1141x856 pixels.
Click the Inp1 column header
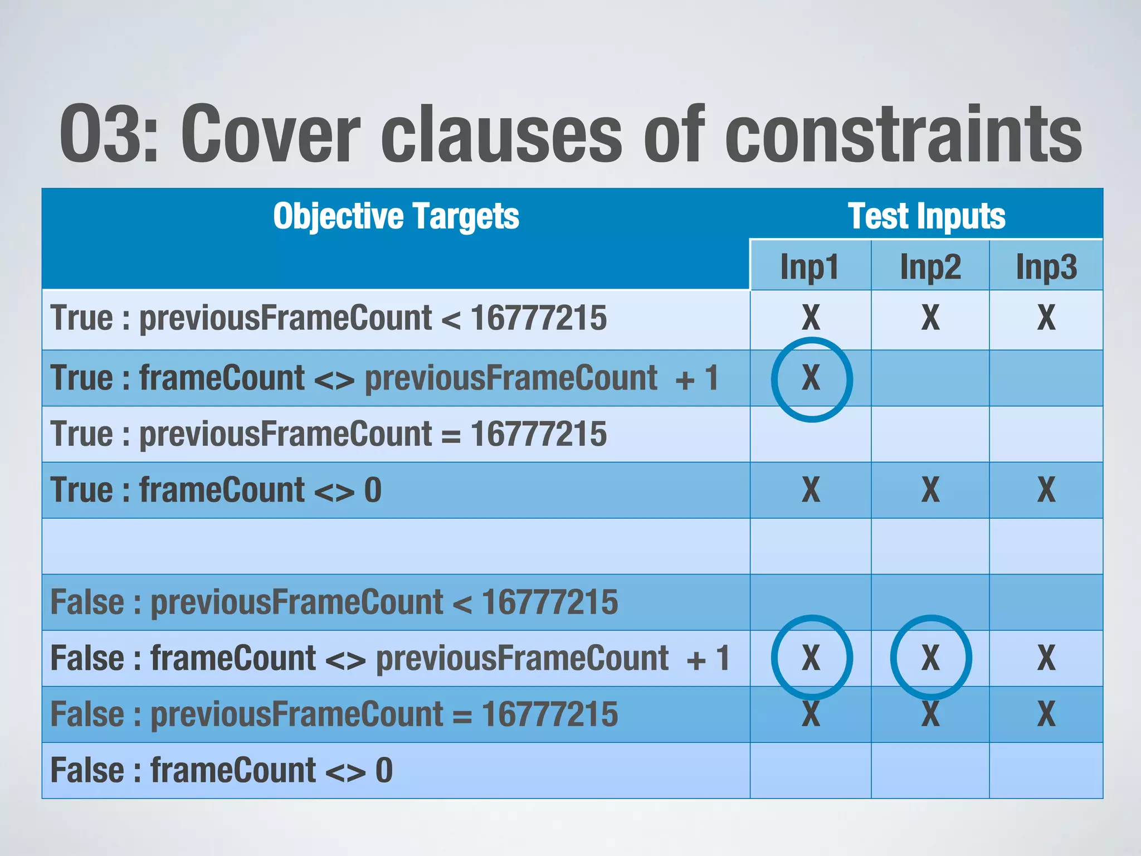click(810, 266)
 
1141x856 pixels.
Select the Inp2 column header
click(930, 266)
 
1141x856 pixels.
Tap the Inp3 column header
click(1046, 266)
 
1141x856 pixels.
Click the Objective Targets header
click(396, 216)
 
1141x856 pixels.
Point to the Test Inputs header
click(927, 216)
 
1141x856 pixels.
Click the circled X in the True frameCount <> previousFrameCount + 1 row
click(811, 378)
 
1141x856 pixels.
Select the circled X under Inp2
click(930, 658)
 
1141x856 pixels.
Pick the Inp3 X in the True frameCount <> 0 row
click(1046, 490)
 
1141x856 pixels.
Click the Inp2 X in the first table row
click(930, 318)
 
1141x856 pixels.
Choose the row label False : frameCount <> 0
click(222, 770)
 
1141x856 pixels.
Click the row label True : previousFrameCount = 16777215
click(328, 434)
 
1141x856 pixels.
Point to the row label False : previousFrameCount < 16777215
click(334, 602)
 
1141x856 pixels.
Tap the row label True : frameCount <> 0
click(216, 490)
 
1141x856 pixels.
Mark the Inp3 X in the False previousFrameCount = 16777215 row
click(1046, 714)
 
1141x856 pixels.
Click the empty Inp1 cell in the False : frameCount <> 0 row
click(811, 770)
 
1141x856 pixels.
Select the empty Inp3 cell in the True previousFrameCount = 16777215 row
click(1046, 434)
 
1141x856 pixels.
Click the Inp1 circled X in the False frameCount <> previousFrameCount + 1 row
click(811, 658)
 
